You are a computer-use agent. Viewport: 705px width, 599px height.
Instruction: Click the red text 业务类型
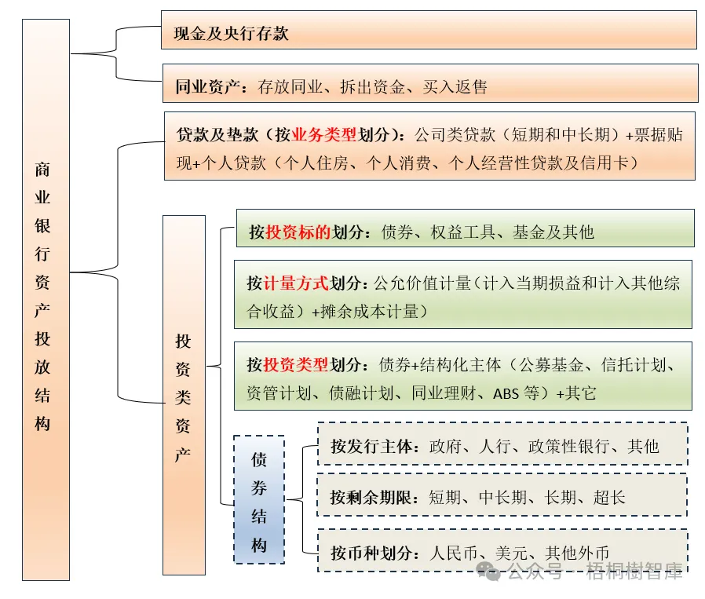(324, 135)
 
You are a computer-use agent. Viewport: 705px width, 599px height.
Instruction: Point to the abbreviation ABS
(506, 393)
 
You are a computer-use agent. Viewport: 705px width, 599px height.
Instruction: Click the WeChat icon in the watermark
(491, 571)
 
